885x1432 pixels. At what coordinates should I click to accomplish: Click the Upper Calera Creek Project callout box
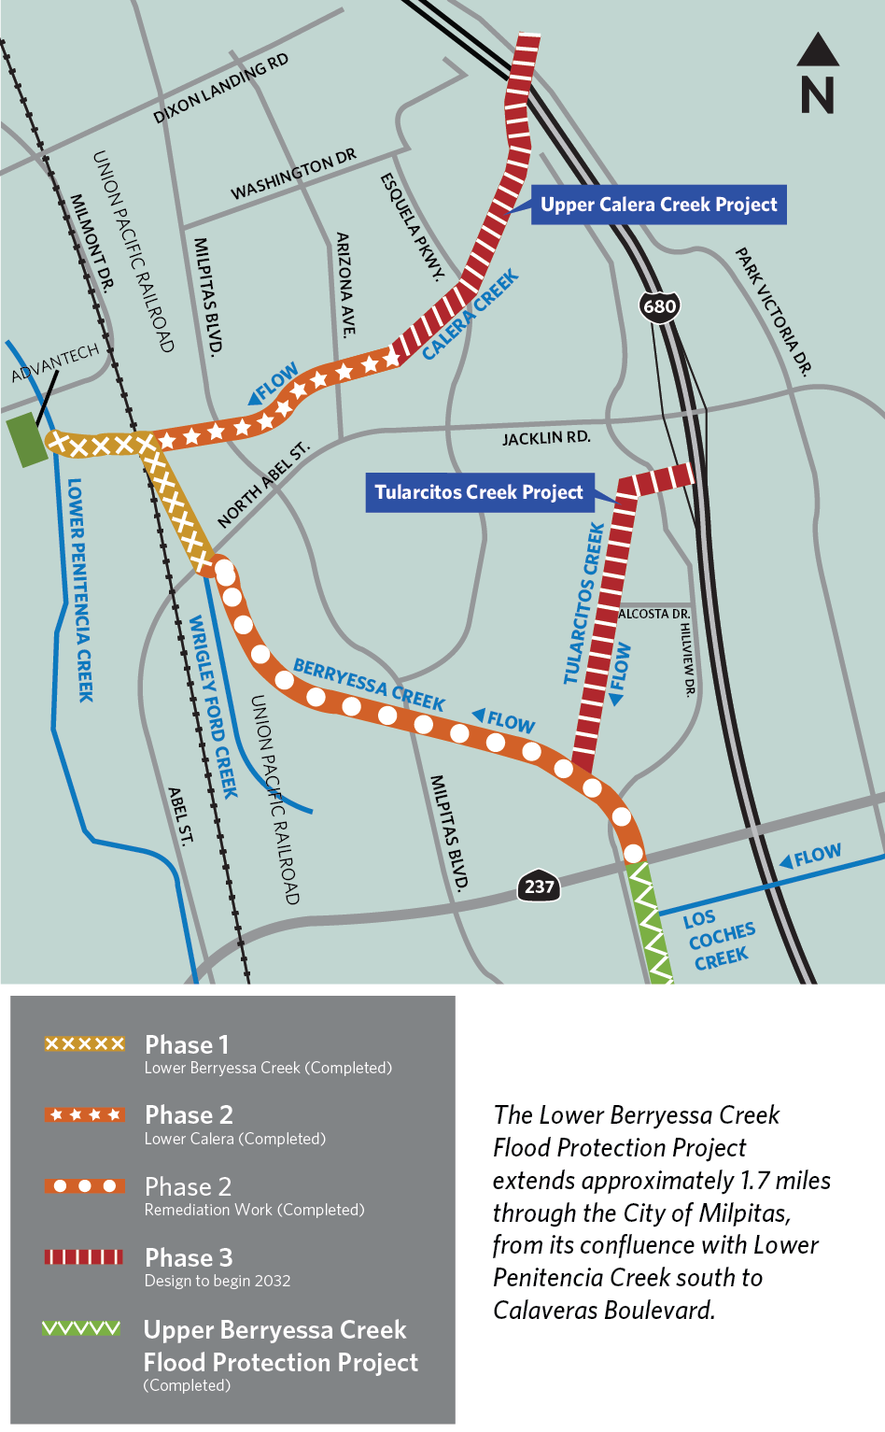658,206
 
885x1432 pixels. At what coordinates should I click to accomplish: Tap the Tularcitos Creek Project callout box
478,492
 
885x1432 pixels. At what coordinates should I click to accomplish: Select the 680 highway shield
659,306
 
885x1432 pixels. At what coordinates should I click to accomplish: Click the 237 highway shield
539,886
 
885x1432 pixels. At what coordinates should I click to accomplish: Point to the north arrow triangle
818,50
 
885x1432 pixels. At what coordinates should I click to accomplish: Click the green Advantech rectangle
26,440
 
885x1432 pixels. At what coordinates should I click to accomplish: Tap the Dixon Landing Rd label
221,89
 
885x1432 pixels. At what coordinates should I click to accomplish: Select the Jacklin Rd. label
546,437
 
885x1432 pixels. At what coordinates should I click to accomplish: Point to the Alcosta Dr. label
654,614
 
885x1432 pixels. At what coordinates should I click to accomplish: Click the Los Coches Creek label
719,938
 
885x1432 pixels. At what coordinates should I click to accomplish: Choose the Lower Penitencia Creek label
80,589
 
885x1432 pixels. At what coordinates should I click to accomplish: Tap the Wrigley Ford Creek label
214,706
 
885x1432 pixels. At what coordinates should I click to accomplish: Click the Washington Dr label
293,174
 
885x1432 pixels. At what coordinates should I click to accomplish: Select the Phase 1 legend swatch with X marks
85,1043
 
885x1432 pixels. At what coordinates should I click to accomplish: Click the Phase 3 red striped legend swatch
84,1256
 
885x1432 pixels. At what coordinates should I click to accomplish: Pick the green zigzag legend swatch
82,1328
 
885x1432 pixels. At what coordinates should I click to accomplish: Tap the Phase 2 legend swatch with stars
84,1114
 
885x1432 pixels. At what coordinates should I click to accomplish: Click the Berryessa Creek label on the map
369,685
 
